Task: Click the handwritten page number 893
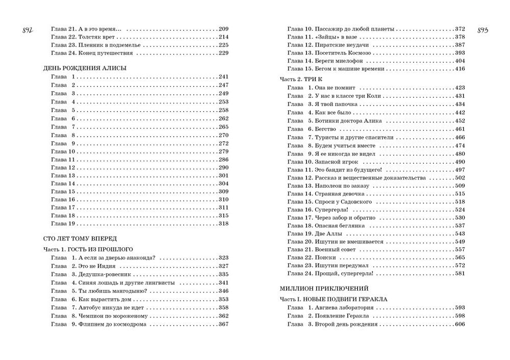[482, 30]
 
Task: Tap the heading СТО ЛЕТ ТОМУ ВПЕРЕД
[81, 238]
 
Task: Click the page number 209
[223, 29]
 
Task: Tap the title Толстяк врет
[100, 37]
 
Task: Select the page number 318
[223, 224]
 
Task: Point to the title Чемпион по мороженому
[113, 316]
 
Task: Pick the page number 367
[223, 324]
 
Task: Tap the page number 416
[460, 69]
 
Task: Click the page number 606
[460, 324]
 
